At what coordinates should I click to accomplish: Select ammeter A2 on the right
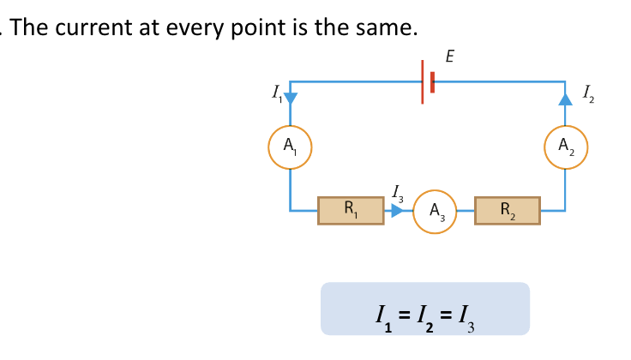pyautogui.click(x=566, y=146)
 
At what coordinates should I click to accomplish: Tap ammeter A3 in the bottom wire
pyautogui.click(x=435, y=210)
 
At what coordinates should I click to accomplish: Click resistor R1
pyautogui.click(x=351, y=210)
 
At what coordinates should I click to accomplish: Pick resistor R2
pyautogui.click(x=508, y=210)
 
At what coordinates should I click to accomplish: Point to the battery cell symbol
pyautogui.click(x=427, y=82)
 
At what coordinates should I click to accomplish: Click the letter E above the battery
pyautogui.click(x=450, y=57)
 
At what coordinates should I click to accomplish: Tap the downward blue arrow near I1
pyautogui.click(x=290, y=96)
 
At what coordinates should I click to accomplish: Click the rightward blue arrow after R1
pyautogui.click(x=396, y=210)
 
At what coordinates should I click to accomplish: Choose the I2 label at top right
pyautogui.click(x=586, y=93)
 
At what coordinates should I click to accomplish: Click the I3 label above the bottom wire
pyautogui.click(x=396, y=192)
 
